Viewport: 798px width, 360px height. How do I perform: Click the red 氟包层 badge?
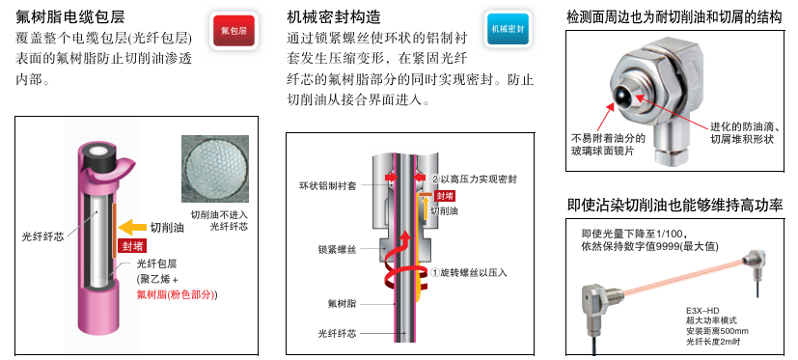[x=234, y=31]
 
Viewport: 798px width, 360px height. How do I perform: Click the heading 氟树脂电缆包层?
[x=70, y=16]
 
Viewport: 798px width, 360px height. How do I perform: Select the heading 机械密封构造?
[x=334, y=16]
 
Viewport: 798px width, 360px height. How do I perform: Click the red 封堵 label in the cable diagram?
[x=132, y=246]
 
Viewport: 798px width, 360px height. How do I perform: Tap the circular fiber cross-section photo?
[x=215, y=169]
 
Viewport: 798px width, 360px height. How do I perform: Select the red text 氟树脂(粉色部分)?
[x=177, y=294]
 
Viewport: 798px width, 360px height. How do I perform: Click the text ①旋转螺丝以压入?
[x=469, y=272]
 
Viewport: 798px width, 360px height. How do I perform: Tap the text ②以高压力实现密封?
[x=475, y=180]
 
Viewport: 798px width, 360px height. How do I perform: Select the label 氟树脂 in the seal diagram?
[x=342, y=303]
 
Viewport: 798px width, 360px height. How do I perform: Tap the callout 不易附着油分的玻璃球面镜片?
[x=608, y=144]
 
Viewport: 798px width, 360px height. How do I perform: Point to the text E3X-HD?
[x=701, y=311]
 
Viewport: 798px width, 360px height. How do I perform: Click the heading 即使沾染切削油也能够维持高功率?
[x=674, y=206]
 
